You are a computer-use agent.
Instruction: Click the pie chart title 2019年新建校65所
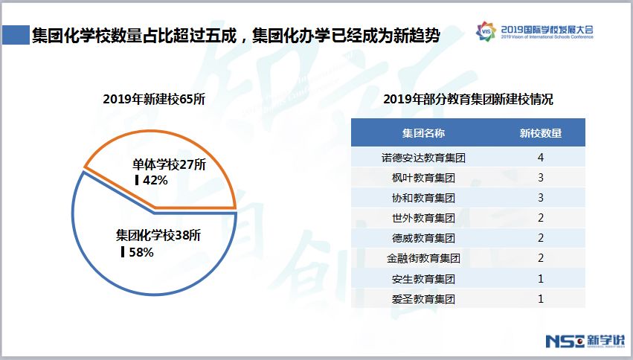(154, 99)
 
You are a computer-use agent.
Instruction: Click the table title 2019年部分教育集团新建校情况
(469, 99)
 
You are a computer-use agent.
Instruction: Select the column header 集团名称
(423, 133)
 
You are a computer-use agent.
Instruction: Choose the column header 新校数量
(541, 133)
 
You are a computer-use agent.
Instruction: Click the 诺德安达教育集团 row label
(423, 158)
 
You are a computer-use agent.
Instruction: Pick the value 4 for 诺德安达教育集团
(541, 158)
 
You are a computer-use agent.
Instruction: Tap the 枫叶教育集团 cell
(423, 178)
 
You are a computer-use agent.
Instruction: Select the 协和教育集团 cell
(423, 198)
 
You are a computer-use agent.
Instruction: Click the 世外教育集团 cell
(423, 218)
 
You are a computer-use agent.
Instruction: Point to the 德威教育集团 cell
(423, 238)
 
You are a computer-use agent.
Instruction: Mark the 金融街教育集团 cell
(423, 258)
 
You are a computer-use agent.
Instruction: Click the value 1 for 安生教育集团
(541, 278)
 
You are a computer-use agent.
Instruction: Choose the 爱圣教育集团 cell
(423, 299)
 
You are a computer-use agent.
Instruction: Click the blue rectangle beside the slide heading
(16, 35)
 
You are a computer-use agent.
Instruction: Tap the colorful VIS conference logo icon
(486, 31)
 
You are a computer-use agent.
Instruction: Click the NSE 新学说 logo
(585, 341)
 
